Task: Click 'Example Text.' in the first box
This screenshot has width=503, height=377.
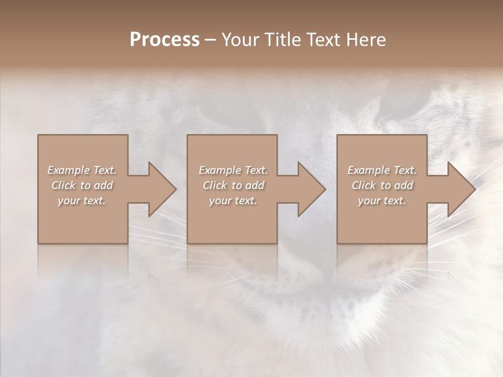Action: (x=82, y=170)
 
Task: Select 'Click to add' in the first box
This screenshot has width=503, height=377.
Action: (x=82, y=185)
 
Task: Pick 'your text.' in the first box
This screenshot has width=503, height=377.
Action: (x=82, y=201)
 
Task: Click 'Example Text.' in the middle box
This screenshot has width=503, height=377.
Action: (x=233, y=170)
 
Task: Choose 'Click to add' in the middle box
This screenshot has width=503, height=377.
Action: (x=233, y=185)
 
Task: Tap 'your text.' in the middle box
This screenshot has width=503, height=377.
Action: (x=233, y=201)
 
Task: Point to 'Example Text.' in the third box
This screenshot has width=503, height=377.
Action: (x=382, y=170)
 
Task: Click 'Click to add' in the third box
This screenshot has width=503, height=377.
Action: (x=382, y=185)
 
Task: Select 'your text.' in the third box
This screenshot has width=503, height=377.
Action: (x=382, y=201)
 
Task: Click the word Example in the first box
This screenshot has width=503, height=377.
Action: (x=68, y=170)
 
